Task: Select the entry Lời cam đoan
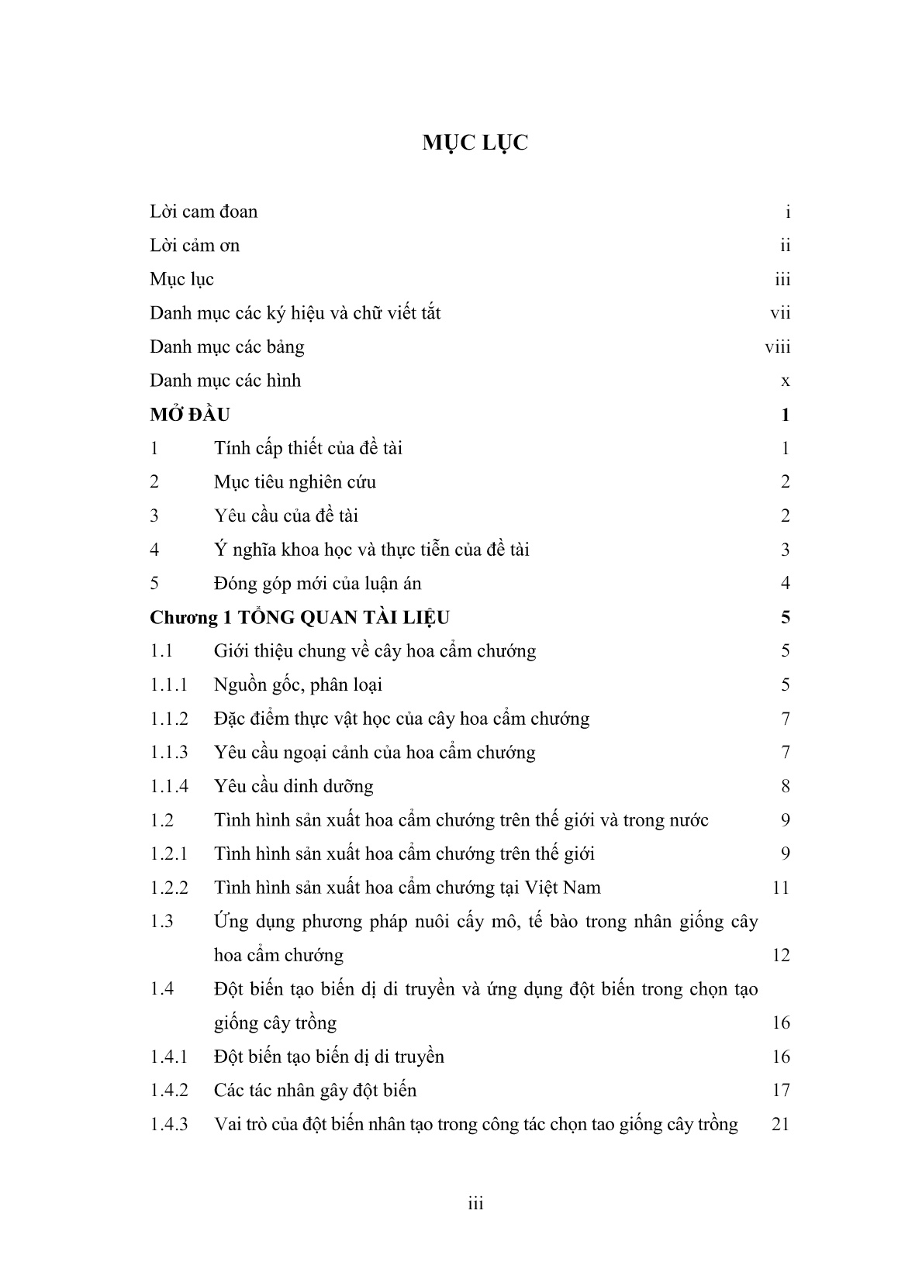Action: [203, 212]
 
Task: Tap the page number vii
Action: [780, 313]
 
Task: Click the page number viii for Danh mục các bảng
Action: [777, 347]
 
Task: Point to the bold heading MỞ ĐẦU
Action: [190, 415]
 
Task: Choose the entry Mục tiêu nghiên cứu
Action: [295, 482]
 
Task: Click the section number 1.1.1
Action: [169, 685]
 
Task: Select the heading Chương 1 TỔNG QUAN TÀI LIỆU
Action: [299, 618]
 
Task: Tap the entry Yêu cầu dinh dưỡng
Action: [293, 786]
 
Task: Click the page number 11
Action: [781, 888]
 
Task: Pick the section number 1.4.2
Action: [169, 1091]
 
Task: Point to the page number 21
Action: [780, 1124]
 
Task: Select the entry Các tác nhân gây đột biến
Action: [315, 1091]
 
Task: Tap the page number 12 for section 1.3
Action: [780, 955]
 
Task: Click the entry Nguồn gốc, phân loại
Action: [298, 685]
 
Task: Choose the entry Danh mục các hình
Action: [225, 381]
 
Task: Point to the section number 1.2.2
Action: [169, 888]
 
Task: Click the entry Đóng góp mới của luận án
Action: [317, 584]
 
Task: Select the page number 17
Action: [780, 1091]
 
